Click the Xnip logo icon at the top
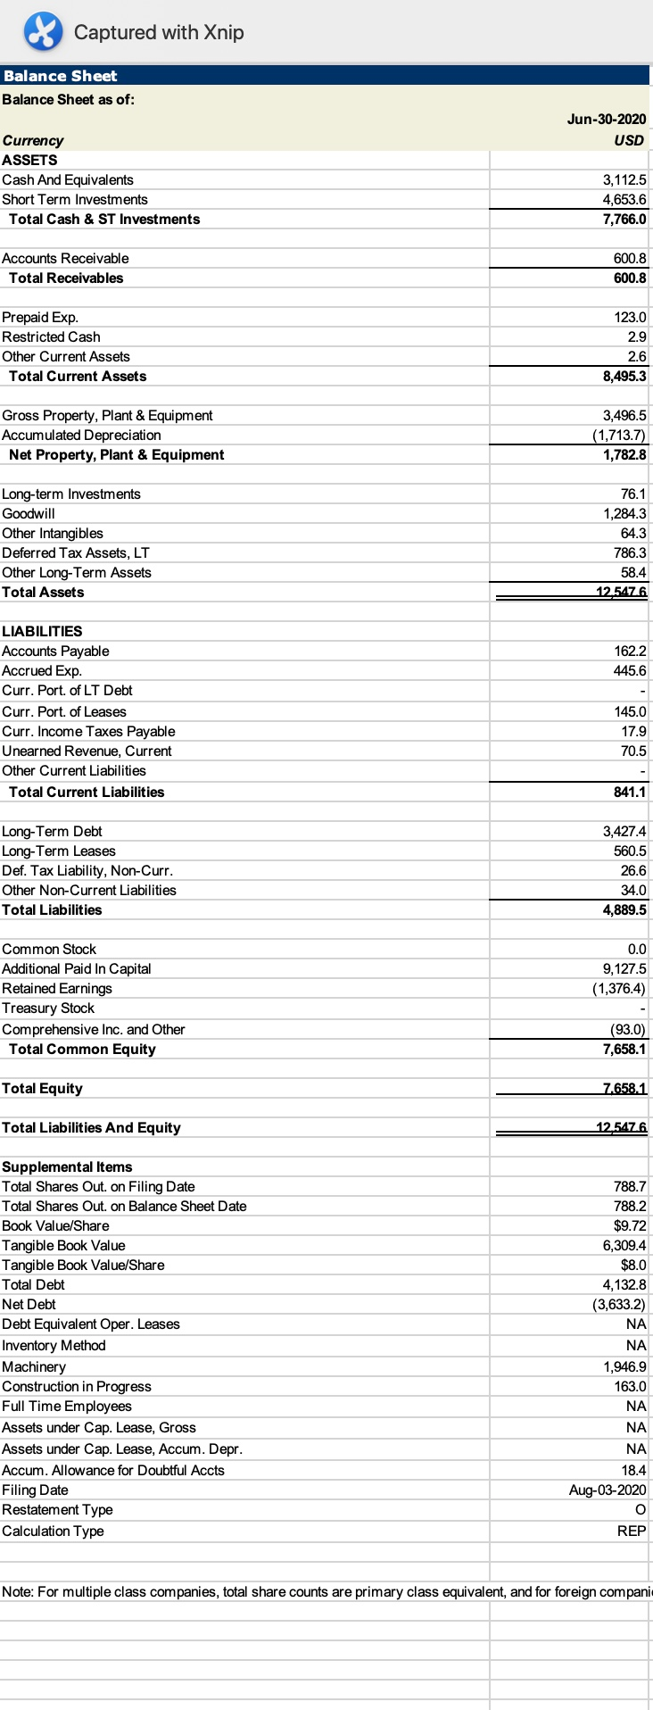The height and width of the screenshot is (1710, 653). [x=43, y=32]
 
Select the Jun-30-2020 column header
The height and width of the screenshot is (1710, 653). [x=606, y=119]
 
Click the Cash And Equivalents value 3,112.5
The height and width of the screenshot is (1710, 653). [x=624, y=179]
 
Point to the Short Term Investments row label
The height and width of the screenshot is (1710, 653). [x=75, y=199]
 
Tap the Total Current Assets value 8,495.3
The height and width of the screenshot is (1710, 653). [x=624, y=376]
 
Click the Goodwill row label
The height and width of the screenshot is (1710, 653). [x=29, y=513]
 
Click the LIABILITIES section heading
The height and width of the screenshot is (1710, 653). [x=42, y=631]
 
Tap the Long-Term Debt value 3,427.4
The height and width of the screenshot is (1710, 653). [x=624, y=831]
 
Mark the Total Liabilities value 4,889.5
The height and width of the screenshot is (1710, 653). [x=624, y=909]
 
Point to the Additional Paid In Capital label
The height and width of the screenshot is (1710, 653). [x=77, y=968]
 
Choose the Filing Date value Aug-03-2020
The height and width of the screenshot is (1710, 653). [x=608, y=1490]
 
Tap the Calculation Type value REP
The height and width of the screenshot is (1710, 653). [x=632, y=1531]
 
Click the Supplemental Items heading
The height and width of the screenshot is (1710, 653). [x=67, y=1166]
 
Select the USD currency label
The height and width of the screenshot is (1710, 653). [x=629, y=140]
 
